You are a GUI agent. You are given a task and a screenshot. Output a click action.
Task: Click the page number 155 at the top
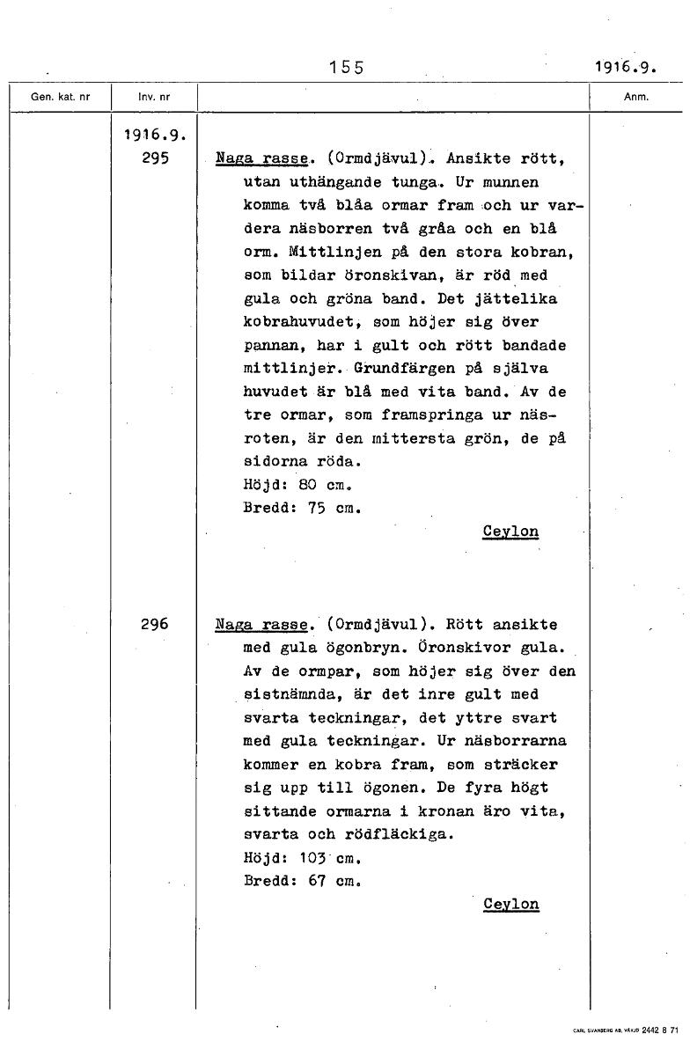tap(346, 68)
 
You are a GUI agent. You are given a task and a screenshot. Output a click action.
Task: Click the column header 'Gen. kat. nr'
tap(60, 98)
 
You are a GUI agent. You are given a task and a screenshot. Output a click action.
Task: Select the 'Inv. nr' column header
tap(154, 98)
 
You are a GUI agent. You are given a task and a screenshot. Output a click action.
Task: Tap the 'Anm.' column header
tap(635, 98)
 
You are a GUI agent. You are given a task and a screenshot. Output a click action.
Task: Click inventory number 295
tap(155, 159)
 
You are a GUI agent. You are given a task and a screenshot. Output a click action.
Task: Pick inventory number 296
tap(155, 624)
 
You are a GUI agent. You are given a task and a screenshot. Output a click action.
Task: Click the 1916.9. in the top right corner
tap(625, 68)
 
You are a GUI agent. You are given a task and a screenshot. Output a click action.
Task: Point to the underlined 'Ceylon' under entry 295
tap(510, 532)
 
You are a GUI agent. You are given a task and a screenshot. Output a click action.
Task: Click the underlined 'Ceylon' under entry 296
tap(510, 904)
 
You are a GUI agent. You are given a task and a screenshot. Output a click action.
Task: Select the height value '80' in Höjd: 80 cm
tap(307, 484)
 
